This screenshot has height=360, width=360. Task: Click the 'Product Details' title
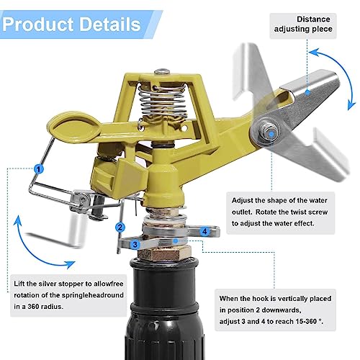click(x=72, y=24)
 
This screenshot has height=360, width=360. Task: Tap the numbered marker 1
click(x=39, y=168)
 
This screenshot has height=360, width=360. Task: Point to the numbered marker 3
click(x=135, y=245)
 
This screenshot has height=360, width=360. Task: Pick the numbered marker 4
click(x=205, y=231)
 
